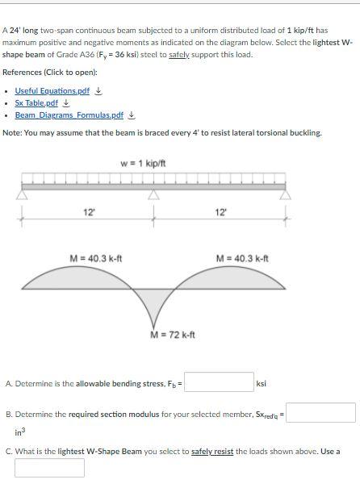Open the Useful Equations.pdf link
coord(52,91)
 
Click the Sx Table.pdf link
coord(36,103)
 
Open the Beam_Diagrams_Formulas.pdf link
coord(69,115)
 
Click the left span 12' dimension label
coord(89,212)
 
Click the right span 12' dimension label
coord(220,212)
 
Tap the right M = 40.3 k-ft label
coord(243,258)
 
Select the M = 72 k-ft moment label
coord(172,335)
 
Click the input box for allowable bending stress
coord(219,382)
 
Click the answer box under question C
coord(49,468)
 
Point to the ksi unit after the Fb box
coord(261,384)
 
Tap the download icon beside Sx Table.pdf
coord(66,103)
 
